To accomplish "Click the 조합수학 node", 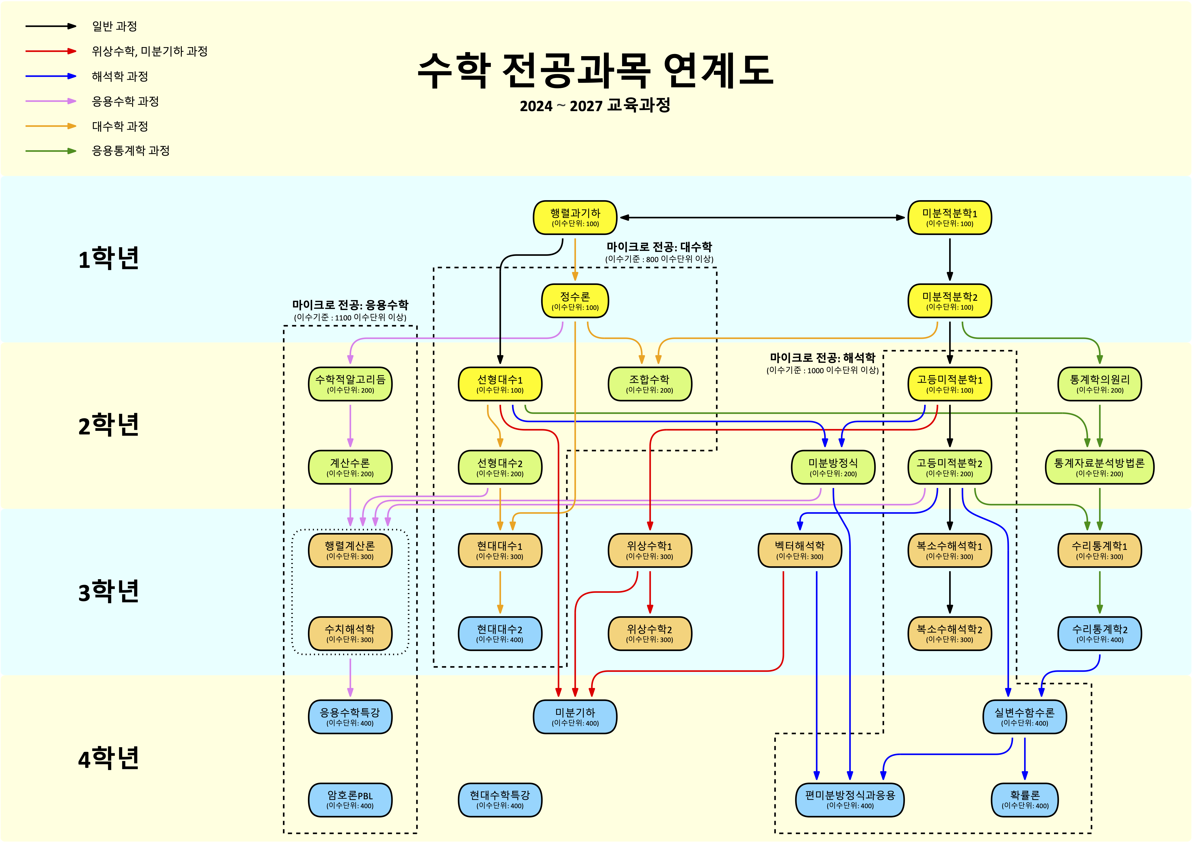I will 650,384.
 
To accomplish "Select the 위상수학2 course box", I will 650,633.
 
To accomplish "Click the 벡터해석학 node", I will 799,550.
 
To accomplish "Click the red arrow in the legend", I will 51,51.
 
